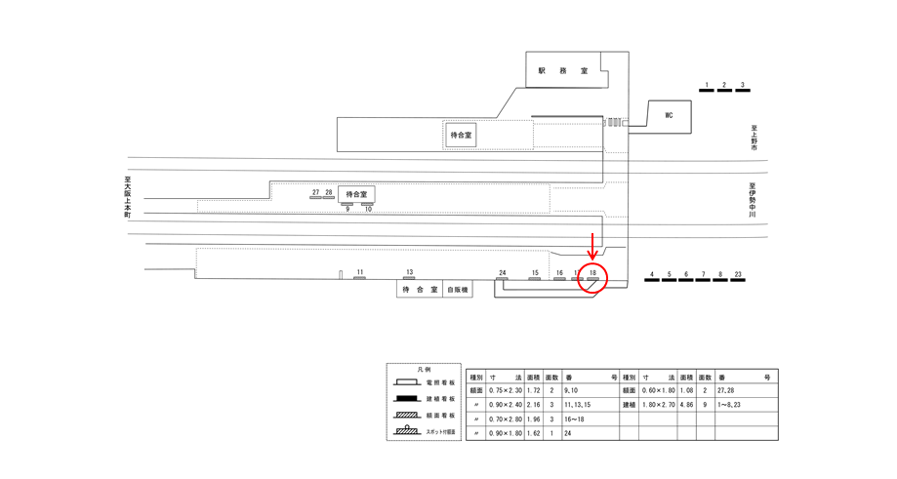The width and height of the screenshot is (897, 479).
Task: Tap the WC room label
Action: click(x=669, y=115)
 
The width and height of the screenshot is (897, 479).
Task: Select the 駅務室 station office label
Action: click(x=563, y=71)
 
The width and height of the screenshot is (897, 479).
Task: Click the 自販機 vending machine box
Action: click(x=458, y=290)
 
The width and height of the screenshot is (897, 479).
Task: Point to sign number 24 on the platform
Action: click(x=502, y=273)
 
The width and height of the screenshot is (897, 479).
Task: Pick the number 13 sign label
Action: click(x=410, y=272)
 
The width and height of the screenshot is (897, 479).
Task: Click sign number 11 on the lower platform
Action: click(x=359, y=272)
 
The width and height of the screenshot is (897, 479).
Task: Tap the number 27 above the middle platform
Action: click(x=316, y=193)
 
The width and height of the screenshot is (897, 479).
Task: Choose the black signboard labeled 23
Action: click(x=739, y=275)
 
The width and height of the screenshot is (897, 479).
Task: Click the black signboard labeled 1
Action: click(x=706, y=86)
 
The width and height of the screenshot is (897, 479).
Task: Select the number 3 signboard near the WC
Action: click(x=743, y=86)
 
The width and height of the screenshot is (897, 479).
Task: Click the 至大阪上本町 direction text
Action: click(x=127, y=196)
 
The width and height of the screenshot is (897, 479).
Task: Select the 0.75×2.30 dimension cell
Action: click(x=506, y=388)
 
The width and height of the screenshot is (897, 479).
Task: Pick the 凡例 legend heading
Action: click(x=424, y=371)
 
